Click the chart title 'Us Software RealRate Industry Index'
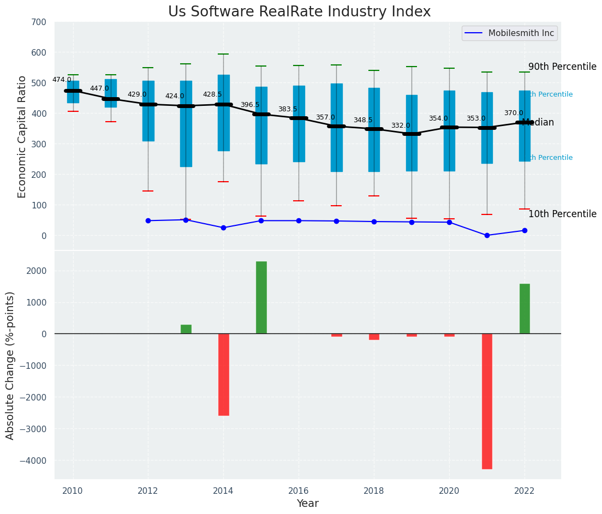pyautogui.click(x=299, y=12)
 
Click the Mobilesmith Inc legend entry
pyautogui.click(x=509, y=33)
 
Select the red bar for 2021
pyautogui.click(x=487, y=401)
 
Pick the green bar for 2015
pyautogui.click(x=261, y=297)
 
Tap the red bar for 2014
pyautogui.click(x=223, y=374)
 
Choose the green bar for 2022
pyautogui.click(x=524, y=309)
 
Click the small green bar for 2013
pyautogui.click(x=186, y=329)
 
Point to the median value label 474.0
pyautogui.click(x=62, y=80)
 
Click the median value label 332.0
pyautogui.click(x=400, y=126)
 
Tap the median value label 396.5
pyautogui.click(x=250, y=105)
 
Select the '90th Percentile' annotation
pyautogui.click(x=562, y=67)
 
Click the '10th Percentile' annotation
pyautogui.click(x=562, y=214)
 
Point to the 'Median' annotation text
pyautogui.click(x=538, y=123)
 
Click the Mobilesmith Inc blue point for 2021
pyautogui.click(x=487, y=235)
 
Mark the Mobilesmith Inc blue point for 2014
pyautogui.click(x=223, y=228)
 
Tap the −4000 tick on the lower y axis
pyautogui.click(x=35, y=461)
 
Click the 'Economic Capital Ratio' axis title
pyautogui.click(x=22, y=136)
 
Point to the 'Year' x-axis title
pyautogui.click(x=307, y=504)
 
